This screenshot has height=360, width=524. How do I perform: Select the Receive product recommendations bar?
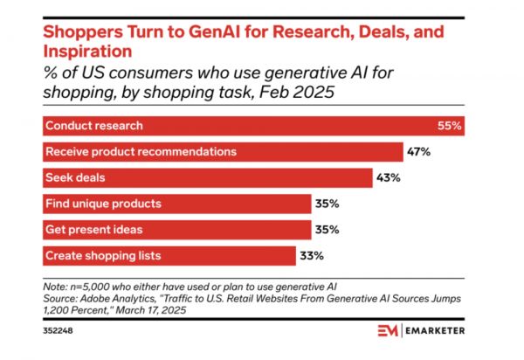tap(222, 152)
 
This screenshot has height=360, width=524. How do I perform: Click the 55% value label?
tap(449, 126)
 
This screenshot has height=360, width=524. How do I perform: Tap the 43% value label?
tap(389, 178)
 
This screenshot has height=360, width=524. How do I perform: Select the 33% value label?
tap(313, 255)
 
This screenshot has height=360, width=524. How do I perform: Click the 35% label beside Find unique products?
tap(327, 204)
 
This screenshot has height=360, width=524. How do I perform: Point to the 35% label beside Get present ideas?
tap(327, 229)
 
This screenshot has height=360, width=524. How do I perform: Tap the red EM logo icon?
tap(389, 330)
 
